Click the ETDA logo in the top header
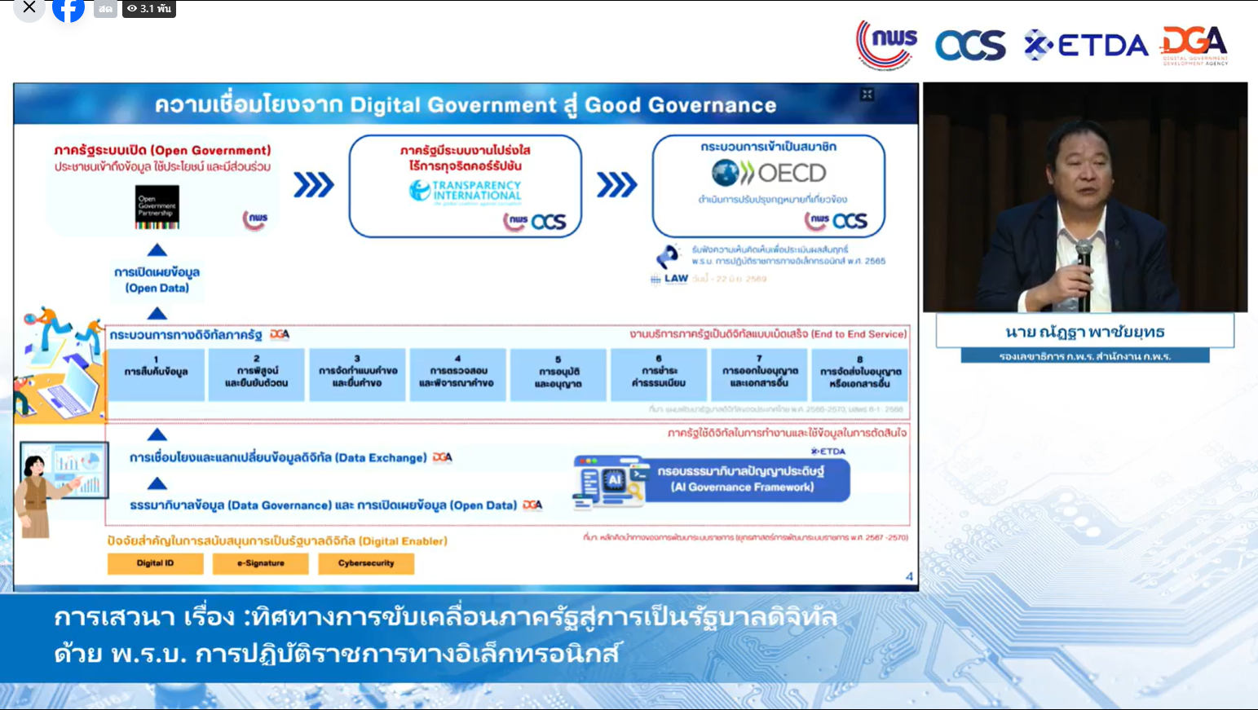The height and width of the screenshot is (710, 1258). pyautogui.click(x=1087, y=46)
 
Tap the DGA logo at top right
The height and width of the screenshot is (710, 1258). pyautogui.click(x=1194, y=45)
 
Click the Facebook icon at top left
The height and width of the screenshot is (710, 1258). pyautogui.click(x=68, y=9)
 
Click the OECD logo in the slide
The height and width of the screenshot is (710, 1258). pyautogui.click(x=769, y=173)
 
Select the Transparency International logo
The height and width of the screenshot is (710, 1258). pyautogui.click(x=466, y=191)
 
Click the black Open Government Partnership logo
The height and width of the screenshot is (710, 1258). pyautogui.click(x=157, y=206)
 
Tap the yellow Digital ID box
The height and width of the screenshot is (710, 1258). pyautogui.click(x=155, y=563)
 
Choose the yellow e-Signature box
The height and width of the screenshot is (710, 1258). pyautogui.click(x=261, y=563)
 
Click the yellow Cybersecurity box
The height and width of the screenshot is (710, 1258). pyautogui.click(x=366, y=563)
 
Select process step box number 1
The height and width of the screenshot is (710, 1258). pyautogui.click(x=156, y=374)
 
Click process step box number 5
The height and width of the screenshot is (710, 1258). pyautogui.click(x=558, y=374)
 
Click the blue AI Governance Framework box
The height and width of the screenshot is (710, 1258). pyautogui.click(x=742, y=479)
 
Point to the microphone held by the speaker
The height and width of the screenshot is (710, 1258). pyautogui.click(x=1084, y=253)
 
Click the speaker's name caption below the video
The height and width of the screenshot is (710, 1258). pyautogui.click(x=1084, y=332)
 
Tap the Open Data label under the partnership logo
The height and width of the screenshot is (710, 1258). pyautogui.click(x=157, y=280)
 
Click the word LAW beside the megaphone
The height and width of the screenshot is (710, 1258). pyautogui.click(x=676, y=279)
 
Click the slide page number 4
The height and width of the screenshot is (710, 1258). pyautogui.click(x=909, y=576)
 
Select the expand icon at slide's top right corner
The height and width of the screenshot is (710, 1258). pyautogui.click(x=867, y=95)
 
